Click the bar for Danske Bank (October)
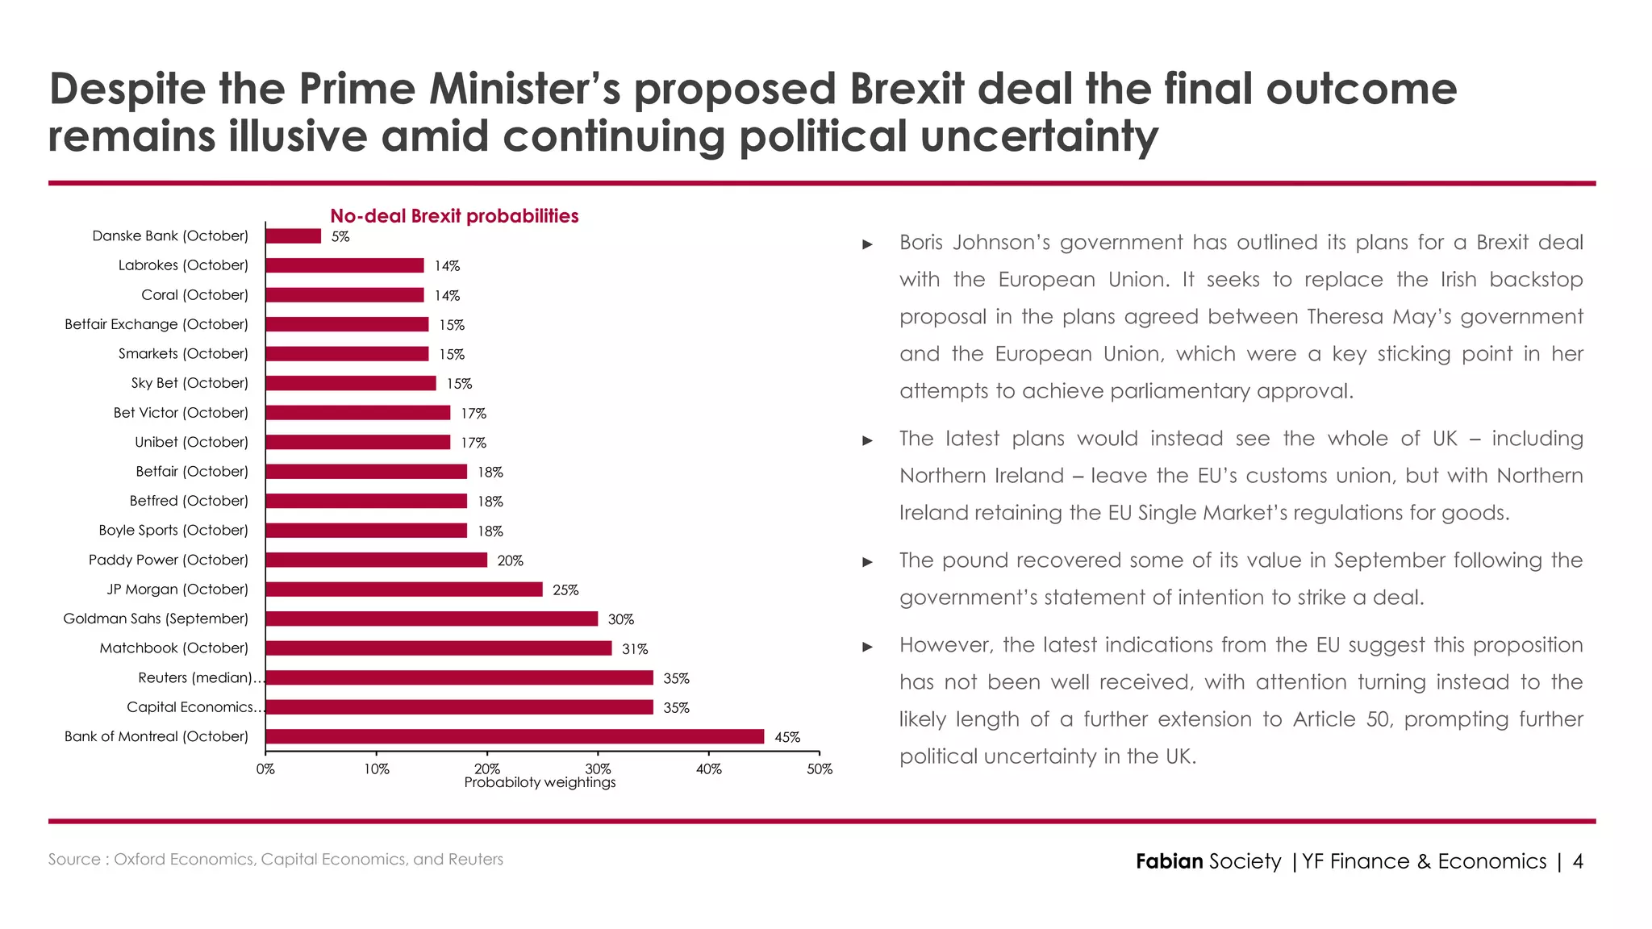[x=293, y=236]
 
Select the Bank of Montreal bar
[x=514, y=736]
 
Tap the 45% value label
[x=786, y=737]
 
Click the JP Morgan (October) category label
[x=177, y=589]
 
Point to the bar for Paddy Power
[x=376, y=560]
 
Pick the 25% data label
[x=565, y=590]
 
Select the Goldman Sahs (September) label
[x=156, y=619]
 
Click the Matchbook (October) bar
[x=438, y=648]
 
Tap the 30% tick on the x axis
[x=598, y=769]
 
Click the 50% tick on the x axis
[x=820, y=769]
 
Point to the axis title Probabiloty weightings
[x=540, y=782]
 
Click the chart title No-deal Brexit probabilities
[x=454, y=216]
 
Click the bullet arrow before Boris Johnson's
[x=868, y=244]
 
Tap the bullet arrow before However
[x=868, y=647]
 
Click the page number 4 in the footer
[x=1578, y=861]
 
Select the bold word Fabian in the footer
[x=1169, y=861]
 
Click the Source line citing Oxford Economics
[x=275, y=860]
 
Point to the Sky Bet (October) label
[x=190, y=383]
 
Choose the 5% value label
[x=340, y=237]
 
